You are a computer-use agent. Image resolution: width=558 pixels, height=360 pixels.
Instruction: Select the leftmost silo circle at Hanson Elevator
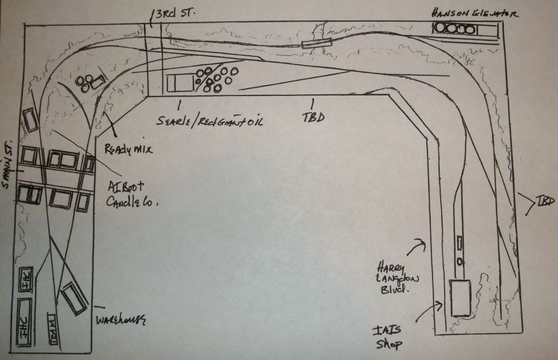[441, 28]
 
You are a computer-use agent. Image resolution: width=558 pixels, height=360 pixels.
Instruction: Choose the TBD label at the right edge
[543, 201]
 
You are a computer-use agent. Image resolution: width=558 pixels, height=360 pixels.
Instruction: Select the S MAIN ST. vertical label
[8, 166]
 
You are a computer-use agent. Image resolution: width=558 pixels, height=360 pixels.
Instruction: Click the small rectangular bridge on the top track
[316, 42]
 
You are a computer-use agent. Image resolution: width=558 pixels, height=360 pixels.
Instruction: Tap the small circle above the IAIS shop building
[459, 261]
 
